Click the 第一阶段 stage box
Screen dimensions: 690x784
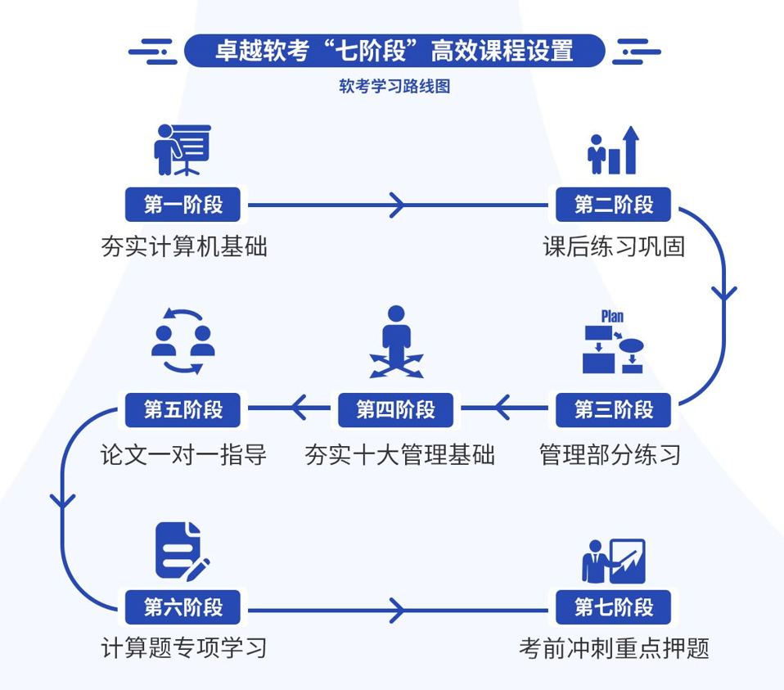pos(183,204)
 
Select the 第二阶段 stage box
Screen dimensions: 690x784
pos(614,204)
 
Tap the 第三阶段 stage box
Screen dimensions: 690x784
pos(614,408)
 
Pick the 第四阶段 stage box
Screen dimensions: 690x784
pos(395,408)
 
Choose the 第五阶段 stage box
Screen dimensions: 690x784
pos(183,408)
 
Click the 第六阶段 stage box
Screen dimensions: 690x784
pos(183,607)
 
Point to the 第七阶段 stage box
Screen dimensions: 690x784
pos(614,607)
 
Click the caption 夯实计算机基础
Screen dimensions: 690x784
pos(184,246)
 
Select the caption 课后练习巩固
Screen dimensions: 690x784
pos(614,246)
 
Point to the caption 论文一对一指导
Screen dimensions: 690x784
pos(184,454)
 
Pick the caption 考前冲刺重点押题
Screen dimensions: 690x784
pos(614,649)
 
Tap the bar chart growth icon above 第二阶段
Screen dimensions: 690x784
pos(613,151)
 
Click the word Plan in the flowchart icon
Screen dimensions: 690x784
pos(612,317)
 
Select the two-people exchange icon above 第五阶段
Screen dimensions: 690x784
pos(183,340)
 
